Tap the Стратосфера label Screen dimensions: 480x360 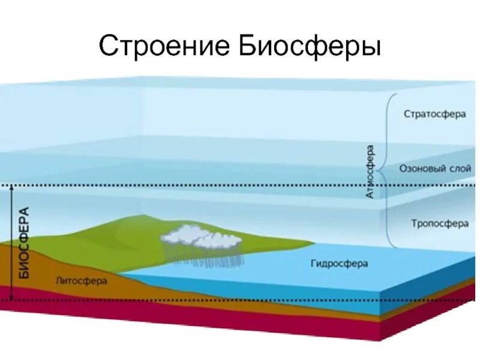434,114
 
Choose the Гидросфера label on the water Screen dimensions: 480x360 339,263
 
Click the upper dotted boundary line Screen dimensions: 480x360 240,185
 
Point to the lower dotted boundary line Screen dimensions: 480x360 240,299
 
